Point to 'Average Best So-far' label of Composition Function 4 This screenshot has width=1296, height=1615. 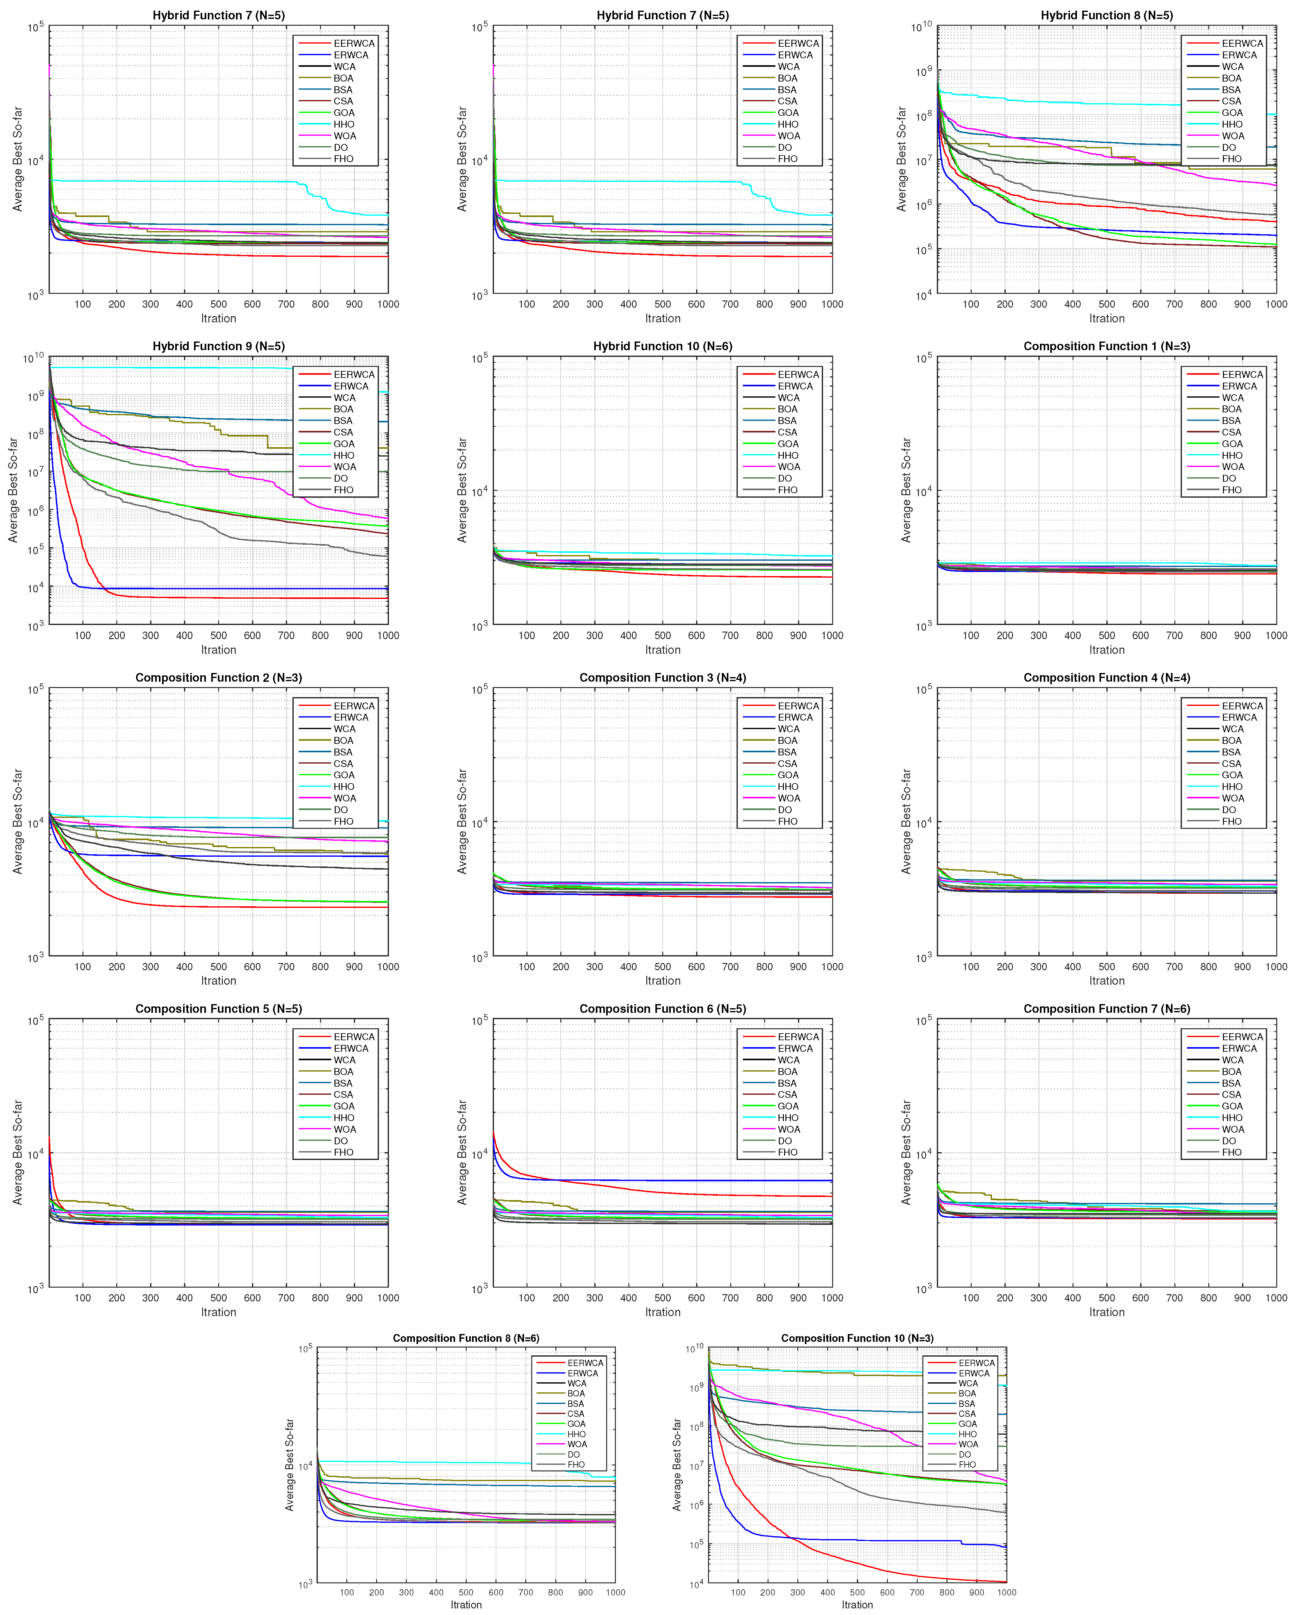906,822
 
